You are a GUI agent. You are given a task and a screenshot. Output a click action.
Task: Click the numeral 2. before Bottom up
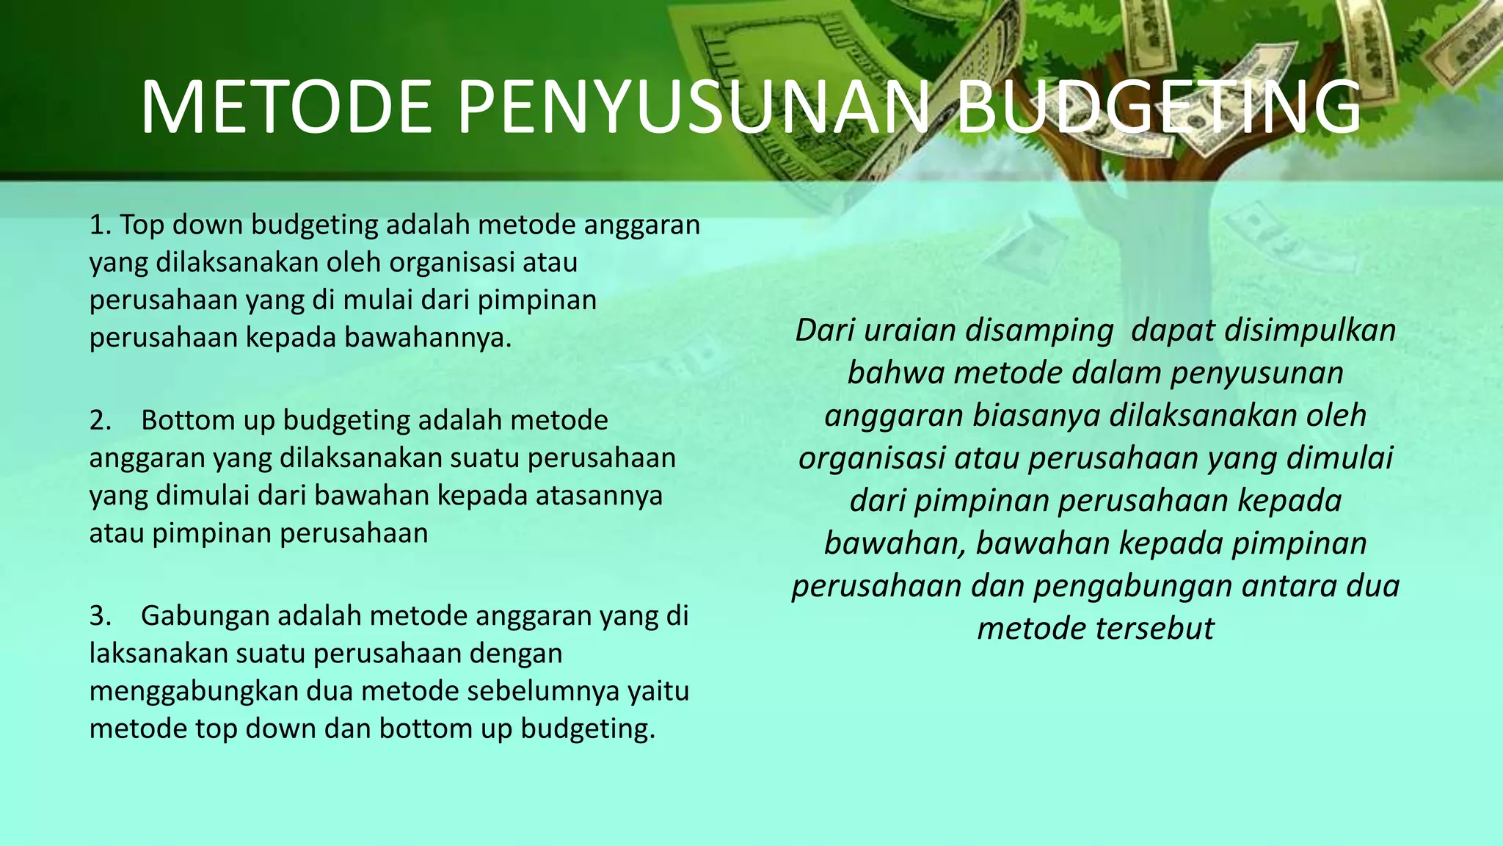[101, 420]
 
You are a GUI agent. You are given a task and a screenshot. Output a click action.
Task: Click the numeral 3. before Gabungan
[101, 615]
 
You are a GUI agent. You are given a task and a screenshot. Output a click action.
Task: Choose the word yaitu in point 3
[661, 692]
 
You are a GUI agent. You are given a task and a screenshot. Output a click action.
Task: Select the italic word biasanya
[1036, 416]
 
